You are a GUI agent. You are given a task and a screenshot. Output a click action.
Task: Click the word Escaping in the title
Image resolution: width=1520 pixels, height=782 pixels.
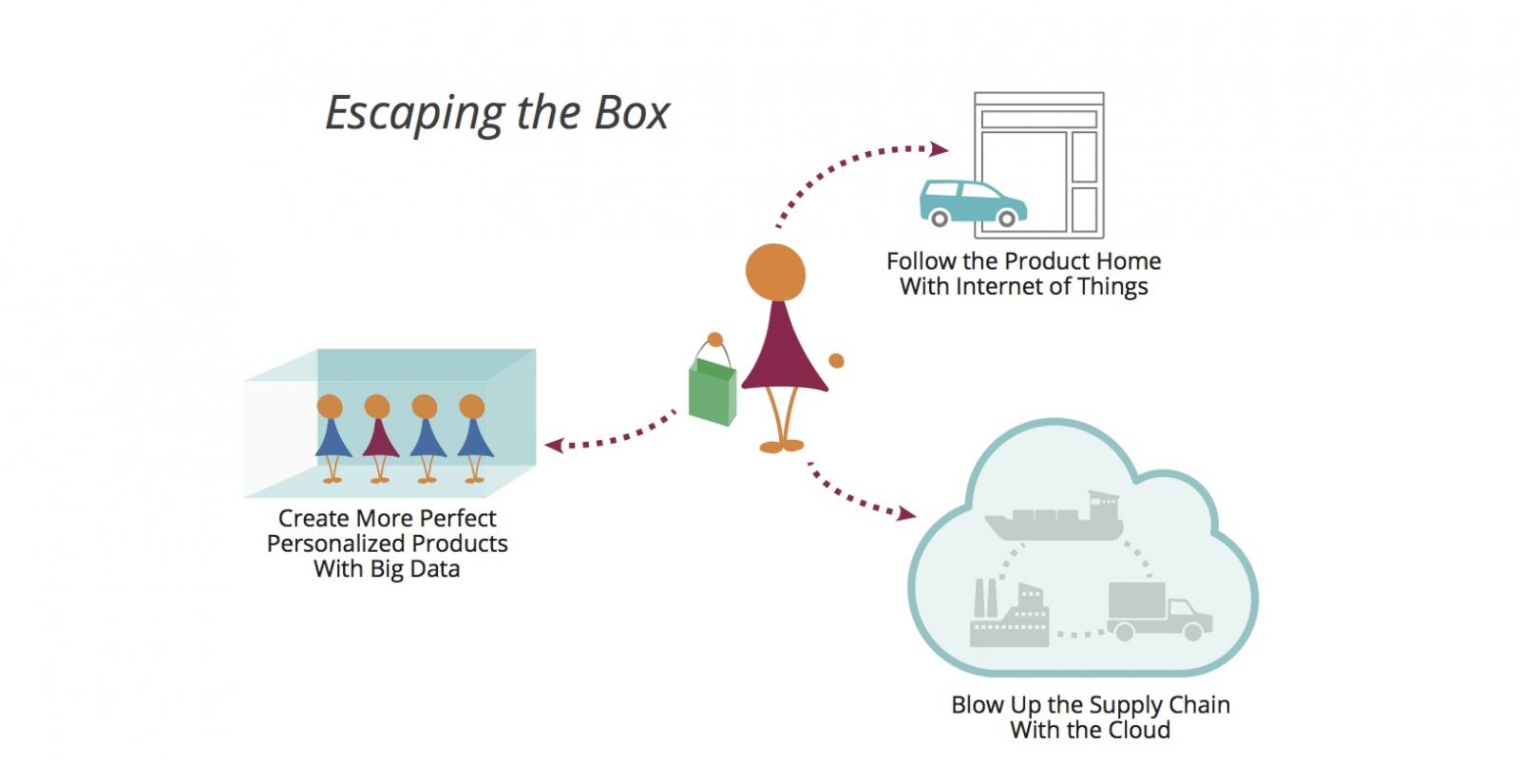(415, 114)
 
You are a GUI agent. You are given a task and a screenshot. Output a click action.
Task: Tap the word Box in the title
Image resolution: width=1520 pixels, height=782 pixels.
(632, 113)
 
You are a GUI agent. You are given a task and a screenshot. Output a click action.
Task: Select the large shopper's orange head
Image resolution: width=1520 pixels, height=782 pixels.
(775, 274)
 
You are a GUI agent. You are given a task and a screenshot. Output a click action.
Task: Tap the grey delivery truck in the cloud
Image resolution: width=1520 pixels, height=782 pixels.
(1158, 610)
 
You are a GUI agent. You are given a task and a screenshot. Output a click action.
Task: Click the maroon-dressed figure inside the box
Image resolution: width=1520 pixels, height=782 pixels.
(380, 438)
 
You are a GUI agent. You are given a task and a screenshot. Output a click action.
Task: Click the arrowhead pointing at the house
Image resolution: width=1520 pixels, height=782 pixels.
(940, 149)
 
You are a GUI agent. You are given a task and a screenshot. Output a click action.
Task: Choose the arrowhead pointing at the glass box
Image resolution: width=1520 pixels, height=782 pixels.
(552, 445)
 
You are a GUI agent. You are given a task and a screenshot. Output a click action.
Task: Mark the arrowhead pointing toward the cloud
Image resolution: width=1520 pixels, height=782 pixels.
(907, 514)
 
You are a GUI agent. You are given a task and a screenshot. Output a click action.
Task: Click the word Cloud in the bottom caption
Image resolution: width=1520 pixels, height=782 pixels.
(1136, 730)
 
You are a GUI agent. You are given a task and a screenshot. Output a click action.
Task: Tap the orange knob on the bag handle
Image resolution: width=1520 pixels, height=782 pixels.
(715, 339)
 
